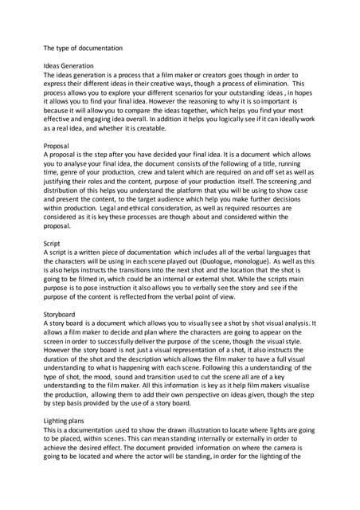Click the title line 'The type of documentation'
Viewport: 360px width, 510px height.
click(x=83, y=48)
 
